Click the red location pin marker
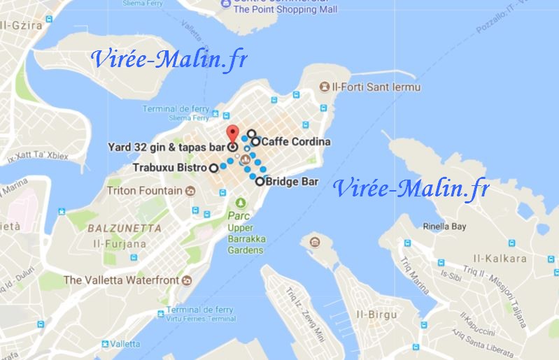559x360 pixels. [x=233, y=134]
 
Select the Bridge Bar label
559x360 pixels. [x=292, y=182]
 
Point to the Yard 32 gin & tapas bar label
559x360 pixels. [x=167, y=147]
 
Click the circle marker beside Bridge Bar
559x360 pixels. [x=260, y=182]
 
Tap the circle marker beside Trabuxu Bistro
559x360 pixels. [x=213, y=168]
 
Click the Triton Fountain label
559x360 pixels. [x=145, y=190]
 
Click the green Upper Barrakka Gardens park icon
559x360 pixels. [x=241, y=203]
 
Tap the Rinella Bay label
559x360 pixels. [x=444, y=226]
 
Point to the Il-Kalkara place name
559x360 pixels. [x=500, y=259]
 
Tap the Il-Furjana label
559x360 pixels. [x=125, y=245]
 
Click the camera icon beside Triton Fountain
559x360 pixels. [x=190, y=190]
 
